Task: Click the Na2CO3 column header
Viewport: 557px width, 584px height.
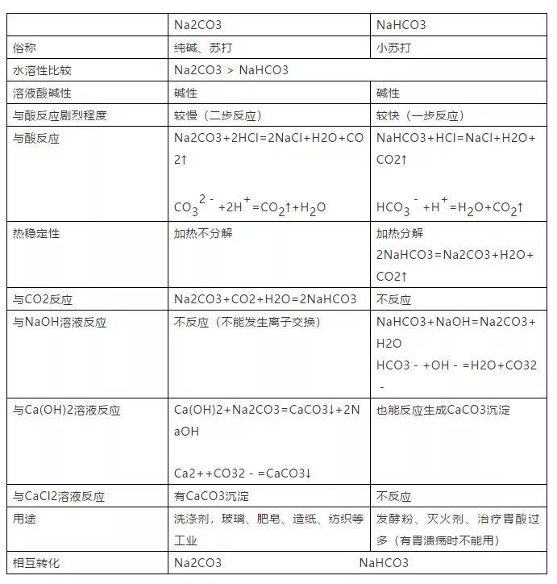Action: (198, 25)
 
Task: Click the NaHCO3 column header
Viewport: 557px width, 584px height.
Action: (401, 25)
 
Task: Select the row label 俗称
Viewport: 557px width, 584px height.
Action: (25, 48)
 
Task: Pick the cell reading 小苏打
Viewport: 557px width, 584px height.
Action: (393, 48)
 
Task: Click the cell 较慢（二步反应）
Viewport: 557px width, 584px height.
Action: (218, 115)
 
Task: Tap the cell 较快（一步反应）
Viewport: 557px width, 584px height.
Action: (420, 115)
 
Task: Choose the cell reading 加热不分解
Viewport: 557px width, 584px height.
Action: (203, 234)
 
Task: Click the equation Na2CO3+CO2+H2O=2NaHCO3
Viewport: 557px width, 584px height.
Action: (265, 299)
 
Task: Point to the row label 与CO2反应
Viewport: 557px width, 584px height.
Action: (43, 299)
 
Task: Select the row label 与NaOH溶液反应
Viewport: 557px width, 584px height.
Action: (60, 322)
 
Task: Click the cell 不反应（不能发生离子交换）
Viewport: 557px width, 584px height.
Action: (247, 322)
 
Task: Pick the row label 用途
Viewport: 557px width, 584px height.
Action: (25, 519)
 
